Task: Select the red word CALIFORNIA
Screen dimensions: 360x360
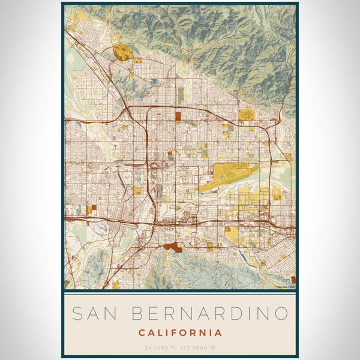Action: click(180, 332)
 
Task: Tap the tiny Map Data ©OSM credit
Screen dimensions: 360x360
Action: click(286, 287)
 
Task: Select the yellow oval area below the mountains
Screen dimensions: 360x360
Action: click(123, 52)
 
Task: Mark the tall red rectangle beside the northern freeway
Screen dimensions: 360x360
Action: click(178, 117)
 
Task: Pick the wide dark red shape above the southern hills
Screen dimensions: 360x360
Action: click(173, 246)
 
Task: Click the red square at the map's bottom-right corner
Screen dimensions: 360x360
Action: click(293, 280)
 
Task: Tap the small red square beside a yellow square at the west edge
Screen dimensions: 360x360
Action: click(94, 208)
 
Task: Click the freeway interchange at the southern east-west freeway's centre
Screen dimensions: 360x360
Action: click(157, 222)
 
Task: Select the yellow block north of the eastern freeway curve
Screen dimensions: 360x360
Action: click(246, 115)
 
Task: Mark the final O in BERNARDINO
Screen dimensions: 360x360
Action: click(281, 313)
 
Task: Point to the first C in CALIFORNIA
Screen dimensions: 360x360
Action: click(142, 332)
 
